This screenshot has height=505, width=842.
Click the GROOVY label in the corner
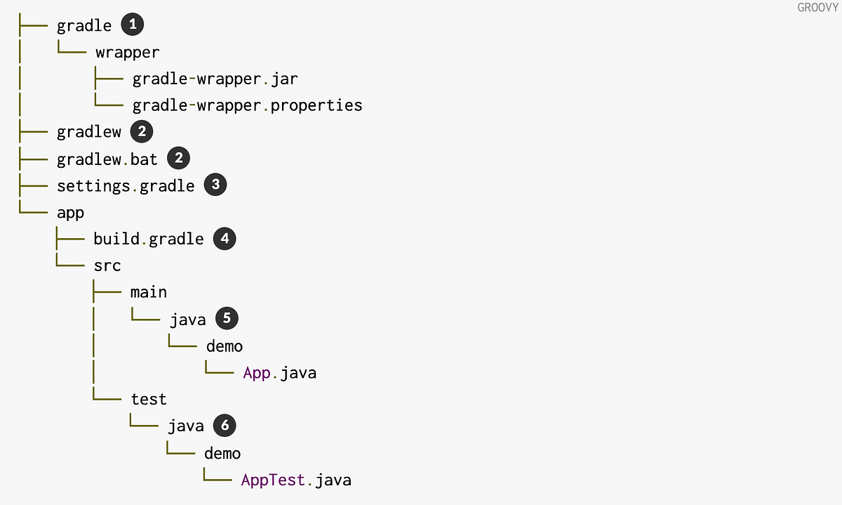(x=819, y=8)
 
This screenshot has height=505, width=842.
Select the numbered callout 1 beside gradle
(x=133, y=25)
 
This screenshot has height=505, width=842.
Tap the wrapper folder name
(x=128, y=52)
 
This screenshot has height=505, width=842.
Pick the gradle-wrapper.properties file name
(x=247, y=105)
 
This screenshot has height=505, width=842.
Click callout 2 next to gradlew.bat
(x=178, y=158)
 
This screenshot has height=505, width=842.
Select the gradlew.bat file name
(x=107, y=159)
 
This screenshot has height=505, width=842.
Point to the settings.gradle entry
(x=126, y=185)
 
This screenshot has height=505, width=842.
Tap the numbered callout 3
(x=215, y=185)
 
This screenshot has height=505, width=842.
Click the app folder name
(x=70, y=212)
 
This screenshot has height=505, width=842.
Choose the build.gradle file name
(x=149, y=239)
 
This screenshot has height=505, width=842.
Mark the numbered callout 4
(x=225, y=238)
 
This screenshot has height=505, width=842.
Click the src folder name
(x=107, y=265)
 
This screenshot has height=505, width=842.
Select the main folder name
(x=149, y=292)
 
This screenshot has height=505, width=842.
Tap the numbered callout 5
(x=227, y=318)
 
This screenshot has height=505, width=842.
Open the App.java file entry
(x=279, y=372)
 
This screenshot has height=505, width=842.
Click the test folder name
(x=149, y=399)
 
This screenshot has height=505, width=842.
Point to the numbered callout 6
(x=225, y=425)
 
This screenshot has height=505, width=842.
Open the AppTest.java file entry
(x=295, y=480)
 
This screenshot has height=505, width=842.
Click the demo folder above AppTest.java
(x=222, y=453)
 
